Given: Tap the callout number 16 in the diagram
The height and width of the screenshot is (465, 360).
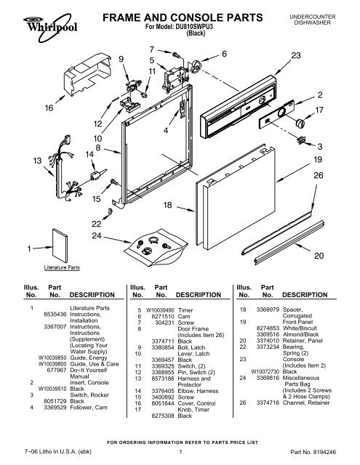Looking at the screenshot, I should coord(29,108).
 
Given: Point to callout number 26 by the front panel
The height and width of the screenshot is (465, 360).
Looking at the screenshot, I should coord(318,174).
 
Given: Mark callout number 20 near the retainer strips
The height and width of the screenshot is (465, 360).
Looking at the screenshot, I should coord(318,256).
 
